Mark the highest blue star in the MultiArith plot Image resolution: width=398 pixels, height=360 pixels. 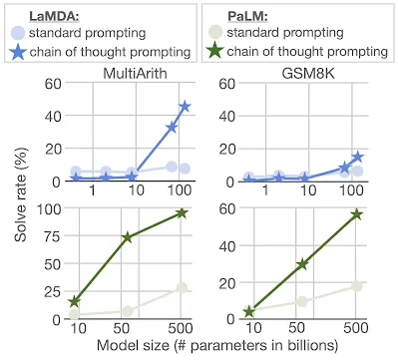tap(185, 106)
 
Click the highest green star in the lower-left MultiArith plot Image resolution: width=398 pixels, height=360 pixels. tap(183, 212)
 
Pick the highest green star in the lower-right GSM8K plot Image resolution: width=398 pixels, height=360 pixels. tap(356, 214)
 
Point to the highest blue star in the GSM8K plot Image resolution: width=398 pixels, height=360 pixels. tap(357, 158)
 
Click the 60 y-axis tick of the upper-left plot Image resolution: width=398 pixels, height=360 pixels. tap(52, 85)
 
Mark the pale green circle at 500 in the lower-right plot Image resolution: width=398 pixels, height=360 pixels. tap(356, 286)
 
